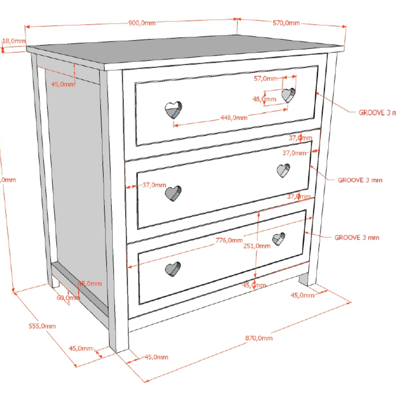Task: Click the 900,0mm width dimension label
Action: coord(142,23)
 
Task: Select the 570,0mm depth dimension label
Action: coord(286,23)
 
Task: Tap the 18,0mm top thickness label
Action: coord(14,40)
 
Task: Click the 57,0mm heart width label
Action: coord(266,78)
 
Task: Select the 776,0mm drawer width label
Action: coord(229,240)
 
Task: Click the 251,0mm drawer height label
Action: coord(257,246)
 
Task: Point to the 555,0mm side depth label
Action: coord(42,326)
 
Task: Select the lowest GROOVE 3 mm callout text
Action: coord(357,238)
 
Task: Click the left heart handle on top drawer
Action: coord(173,110)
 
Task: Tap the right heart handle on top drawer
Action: coord(288,95)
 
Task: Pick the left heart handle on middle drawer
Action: coord(173,193)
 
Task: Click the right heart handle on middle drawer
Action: coord(283,170)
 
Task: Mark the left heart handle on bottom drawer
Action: coord(173,269)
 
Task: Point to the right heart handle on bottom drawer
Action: coord(279,239)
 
